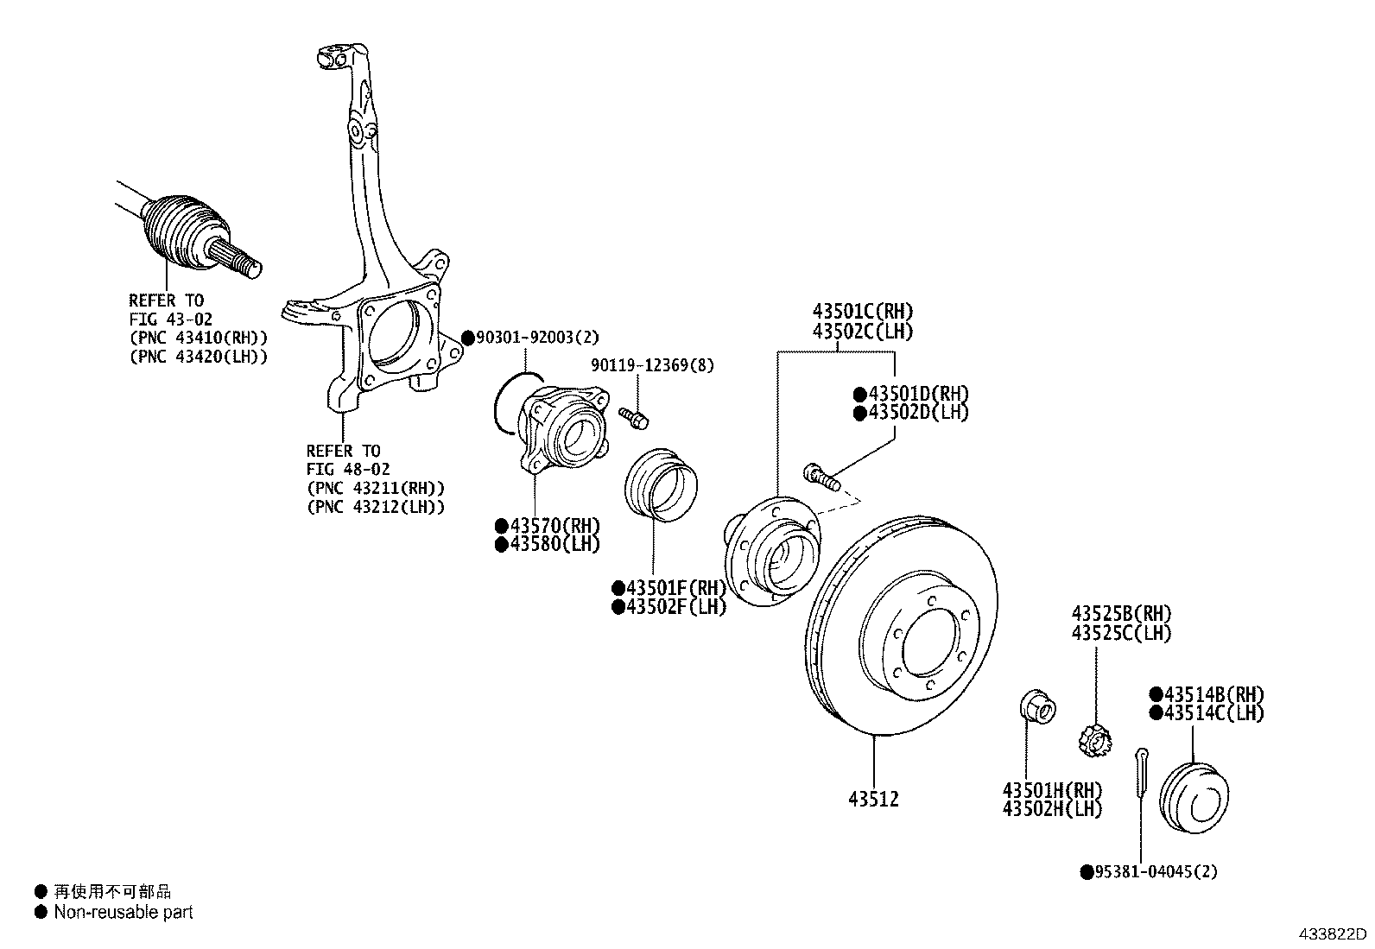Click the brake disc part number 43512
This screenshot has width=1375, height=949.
(873, 800)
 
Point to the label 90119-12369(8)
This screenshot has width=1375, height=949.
(653, 365)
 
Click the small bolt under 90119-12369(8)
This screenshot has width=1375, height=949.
(634, 418)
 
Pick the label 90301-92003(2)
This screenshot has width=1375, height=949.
(536, 338)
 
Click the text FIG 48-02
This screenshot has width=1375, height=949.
(348, 470)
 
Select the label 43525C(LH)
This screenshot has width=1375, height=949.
(1121, 633)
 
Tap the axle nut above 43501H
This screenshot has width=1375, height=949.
(1035, 707)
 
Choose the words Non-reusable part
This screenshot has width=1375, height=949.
(123, 912)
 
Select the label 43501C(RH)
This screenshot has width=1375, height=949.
(862, 312)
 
